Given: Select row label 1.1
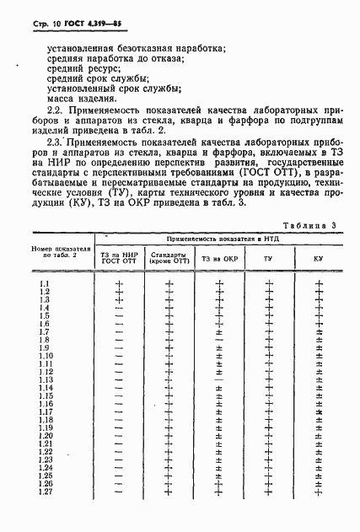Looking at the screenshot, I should (46, 282).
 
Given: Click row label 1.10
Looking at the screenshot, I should (48, 356).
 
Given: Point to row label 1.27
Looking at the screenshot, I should (48, 492).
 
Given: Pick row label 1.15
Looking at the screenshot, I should (48, 396).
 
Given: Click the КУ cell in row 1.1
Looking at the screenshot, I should (319, 283).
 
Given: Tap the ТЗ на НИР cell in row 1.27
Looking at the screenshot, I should (119, 492).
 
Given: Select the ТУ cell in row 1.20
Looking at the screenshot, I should (268, 436).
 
